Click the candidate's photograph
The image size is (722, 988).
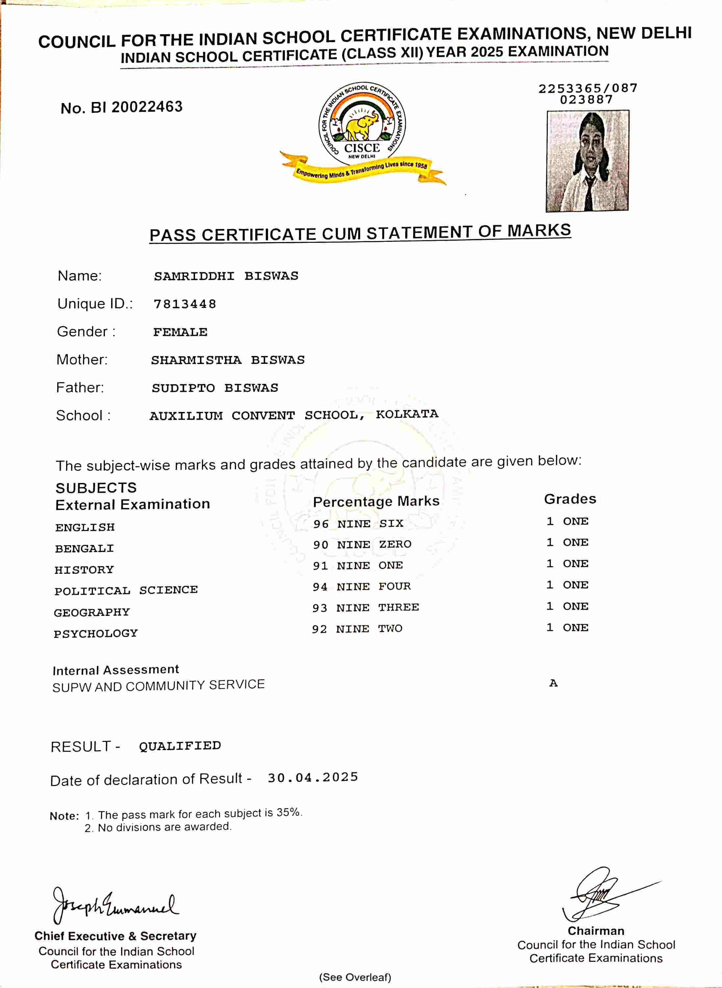coord(587,161)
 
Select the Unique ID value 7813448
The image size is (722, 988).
coord(185,304)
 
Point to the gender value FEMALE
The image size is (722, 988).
coord(180,332)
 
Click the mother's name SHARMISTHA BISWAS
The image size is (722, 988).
coord(228,360)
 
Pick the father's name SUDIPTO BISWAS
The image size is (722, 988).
coord(214,388)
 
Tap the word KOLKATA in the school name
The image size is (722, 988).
coord(407,414)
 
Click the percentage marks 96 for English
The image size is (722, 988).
coord(321,524)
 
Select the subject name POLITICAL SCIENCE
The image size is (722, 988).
coord(126,591)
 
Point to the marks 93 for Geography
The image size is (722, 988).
coord(319,608)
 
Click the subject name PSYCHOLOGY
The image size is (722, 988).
coord(96,633)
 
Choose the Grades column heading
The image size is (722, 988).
coord(570,499)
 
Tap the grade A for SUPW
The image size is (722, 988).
coord(553,683)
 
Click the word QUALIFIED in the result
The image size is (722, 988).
coord(180,746)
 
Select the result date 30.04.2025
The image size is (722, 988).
coord(313,777)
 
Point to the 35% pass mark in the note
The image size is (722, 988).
coord(288,812)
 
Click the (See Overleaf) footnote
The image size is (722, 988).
coord(355,977)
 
